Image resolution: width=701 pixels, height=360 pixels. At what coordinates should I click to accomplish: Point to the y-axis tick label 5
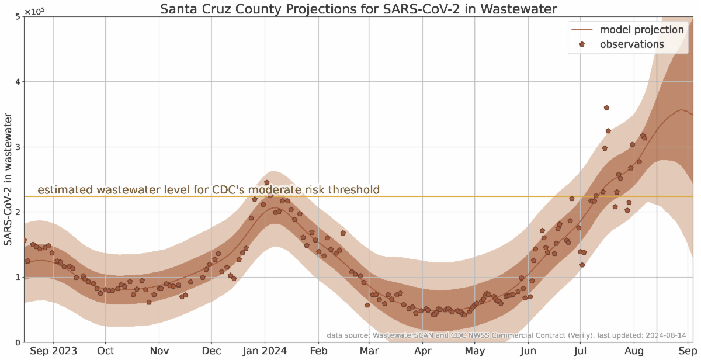(x=18, y=17)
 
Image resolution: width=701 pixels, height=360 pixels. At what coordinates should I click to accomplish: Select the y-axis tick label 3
(x=18, y=147)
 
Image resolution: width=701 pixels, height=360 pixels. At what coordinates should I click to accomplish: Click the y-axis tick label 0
(x=18, y=342)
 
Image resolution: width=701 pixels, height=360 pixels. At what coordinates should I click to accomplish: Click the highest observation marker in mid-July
(x=606, y=108)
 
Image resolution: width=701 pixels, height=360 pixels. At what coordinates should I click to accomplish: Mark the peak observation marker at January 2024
(x=266, y=182)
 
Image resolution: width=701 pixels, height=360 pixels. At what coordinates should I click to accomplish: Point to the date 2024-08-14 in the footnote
(x=664, y=335)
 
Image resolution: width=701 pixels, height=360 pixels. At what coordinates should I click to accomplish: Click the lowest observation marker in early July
(x=582, y=265)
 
